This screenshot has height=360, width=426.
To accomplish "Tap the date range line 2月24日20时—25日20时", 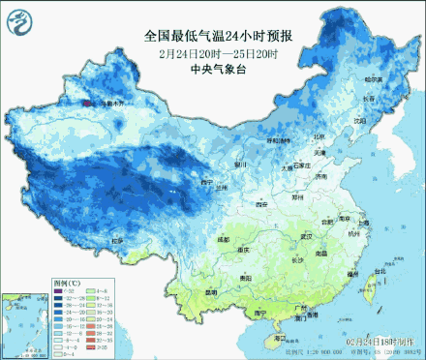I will coord(219,52).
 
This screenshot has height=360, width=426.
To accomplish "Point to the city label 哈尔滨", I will coord(373,78).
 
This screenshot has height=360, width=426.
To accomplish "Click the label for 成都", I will coord(225,238).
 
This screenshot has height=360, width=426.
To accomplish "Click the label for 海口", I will coord(281,339).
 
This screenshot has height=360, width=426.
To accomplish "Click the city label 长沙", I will coord(297,259).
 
